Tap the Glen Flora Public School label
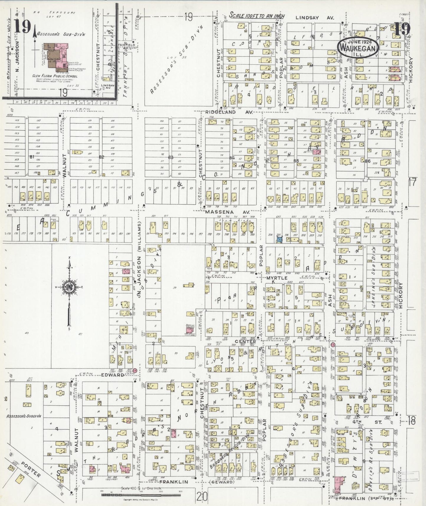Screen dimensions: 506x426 click(55, 76)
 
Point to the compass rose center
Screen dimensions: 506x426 click(69, 287)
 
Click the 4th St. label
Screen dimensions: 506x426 click(378, 422)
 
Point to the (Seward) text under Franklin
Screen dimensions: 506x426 click(225, 482)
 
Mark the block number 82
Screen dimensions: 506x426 click(102, 157)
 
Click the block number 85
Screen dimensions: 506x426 click(296, 161)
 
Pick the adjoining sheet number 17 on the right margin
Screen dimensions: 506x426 click(412, 182)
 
